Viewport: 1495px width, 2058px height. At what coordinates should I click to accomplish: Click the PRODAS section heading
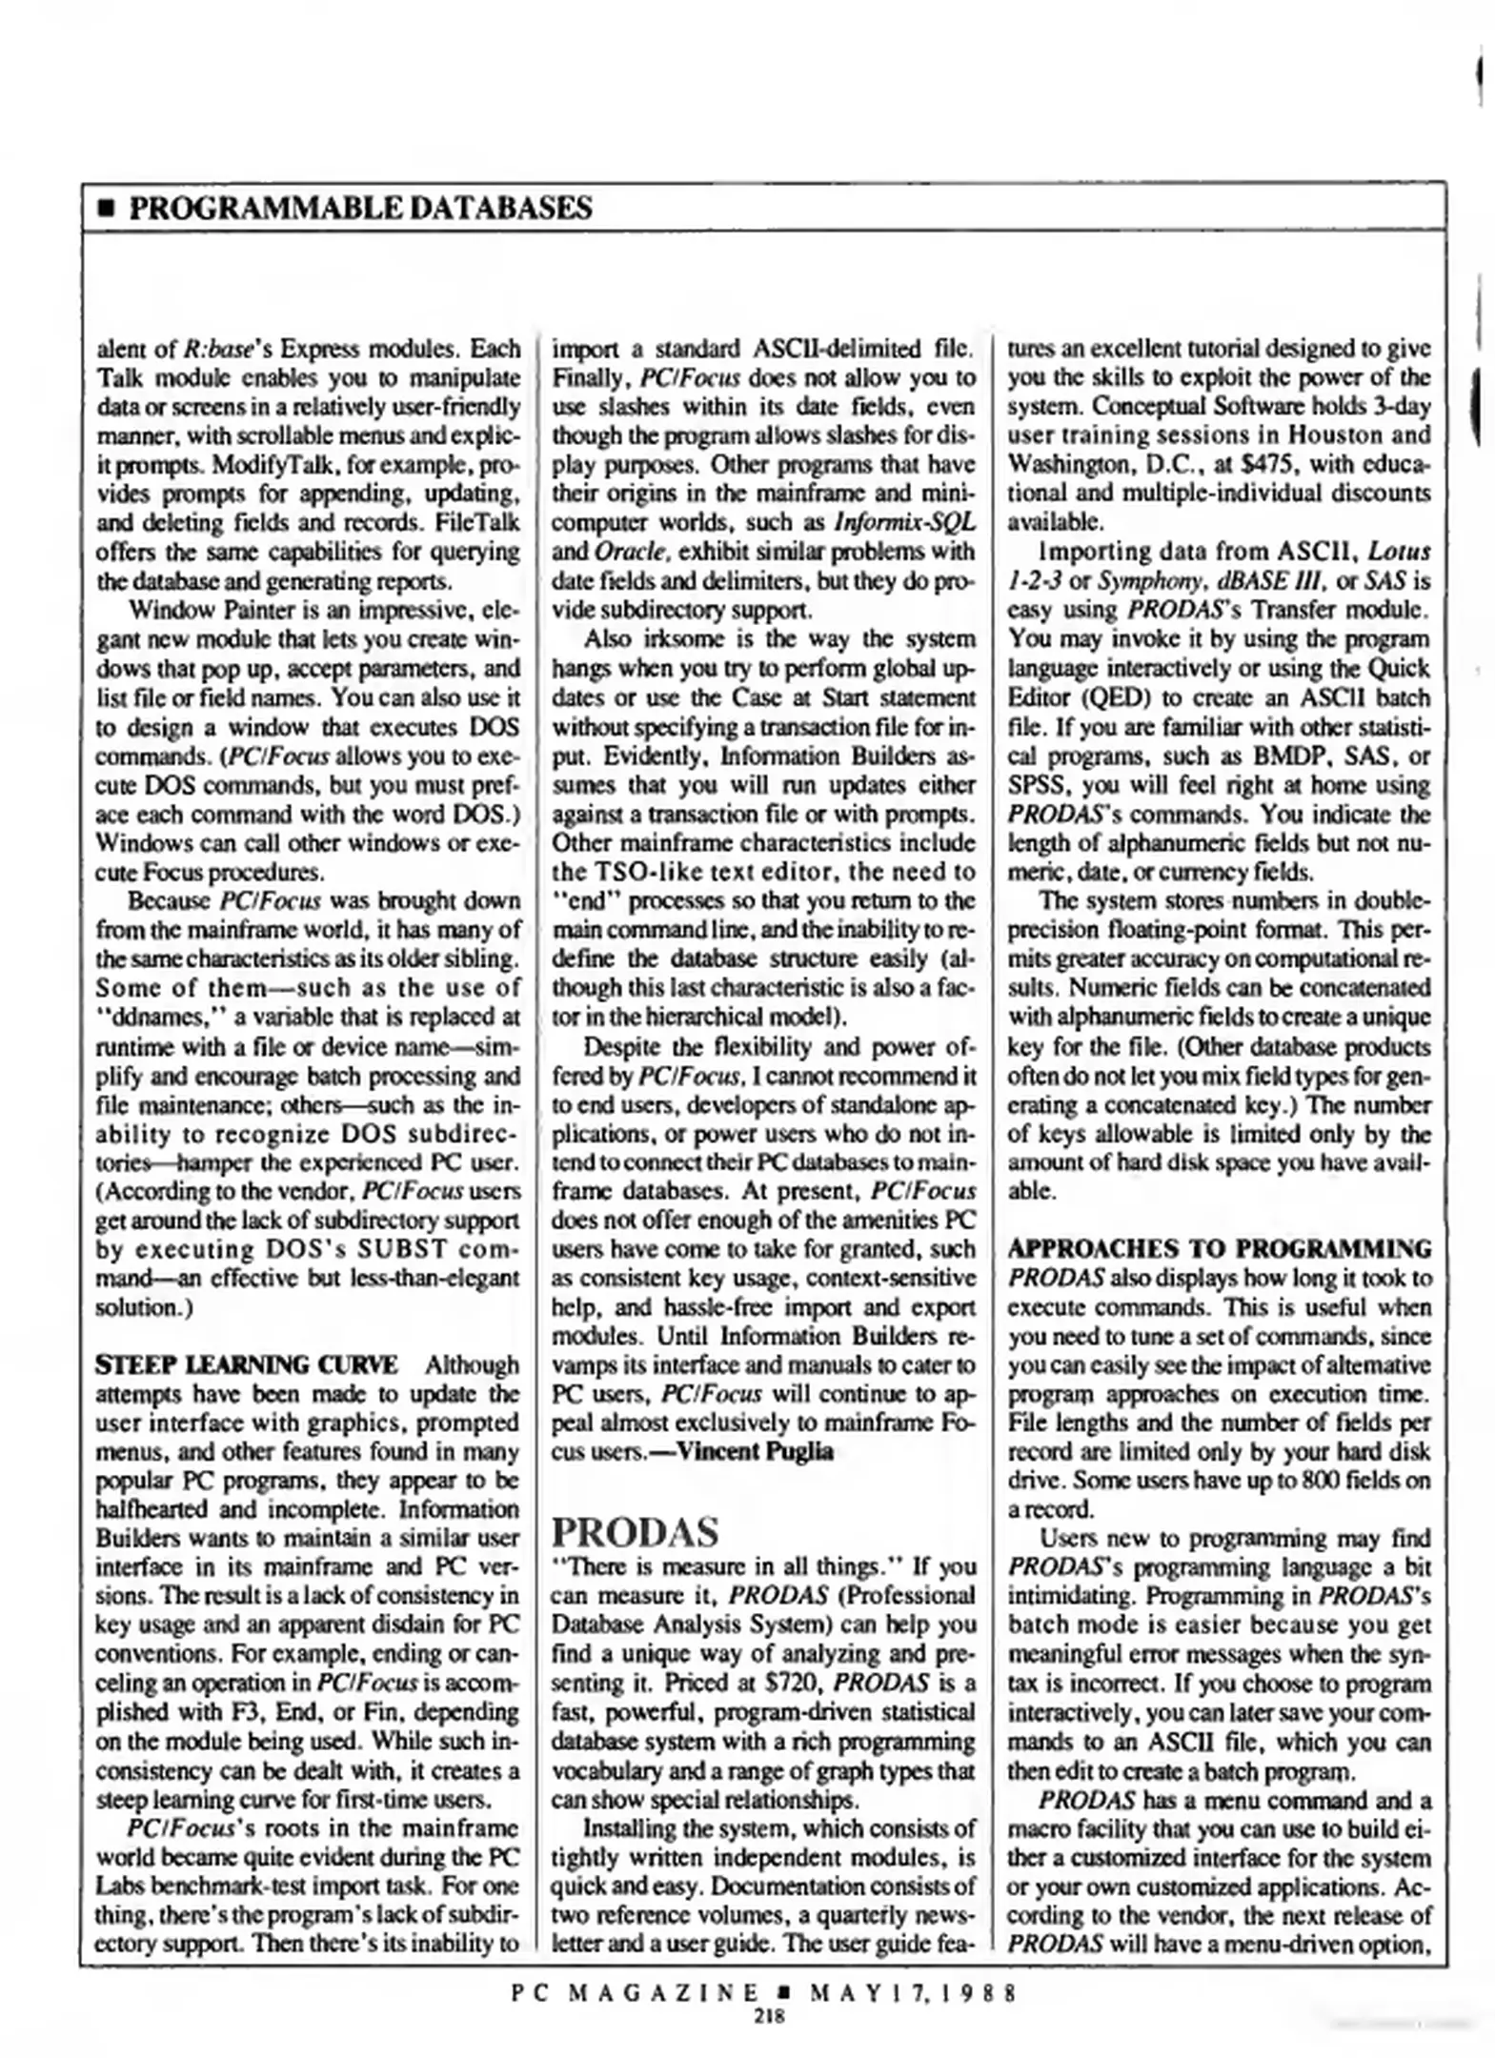coord(635,1533)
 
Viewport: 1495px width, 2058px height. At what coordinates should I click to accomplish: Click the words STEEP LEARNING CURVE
coord(247,1364)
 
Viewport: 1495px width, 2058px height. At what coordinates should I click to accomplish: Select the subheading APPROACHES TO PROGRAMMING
coord(1219,1248)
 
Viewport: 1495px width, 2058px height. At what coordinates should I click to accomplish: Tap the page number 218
coord(767,2015)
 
